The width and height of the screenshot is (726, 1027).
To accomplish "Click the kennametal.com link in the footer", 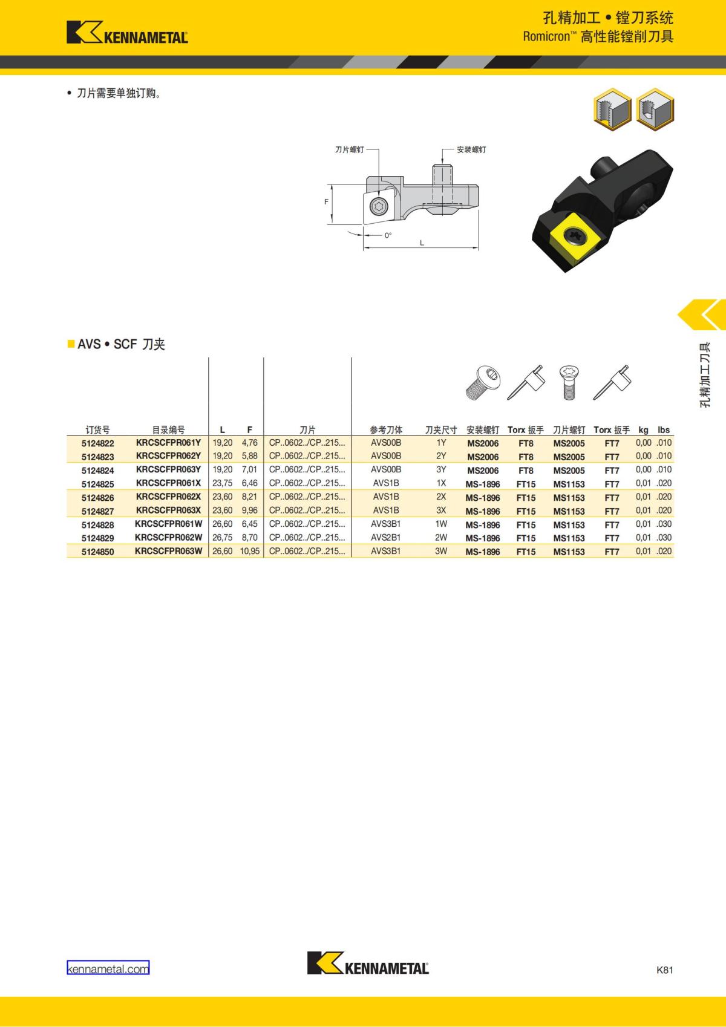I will point(108,969).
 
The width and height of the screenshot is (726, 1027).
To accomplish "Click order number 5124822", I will point(97,443).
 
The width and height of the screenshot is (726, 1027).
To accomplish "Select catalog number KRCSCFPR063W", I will point(168,552).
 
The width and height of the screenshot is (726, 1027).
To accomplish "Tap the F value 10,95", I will point(249,552).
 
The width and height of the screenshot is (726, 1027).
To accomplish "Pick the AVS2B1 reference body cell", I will point(385,538).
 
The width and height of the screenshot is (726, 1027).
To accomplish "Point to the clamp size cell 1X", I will point(441,484).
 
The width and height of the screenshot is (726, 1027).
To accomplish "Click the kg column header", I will point(643,430).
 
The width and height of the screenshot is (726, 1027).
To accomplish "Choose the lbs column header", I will point(664,430).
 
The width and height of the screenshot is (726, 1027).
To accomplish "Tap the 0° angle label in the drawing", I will point(388,235).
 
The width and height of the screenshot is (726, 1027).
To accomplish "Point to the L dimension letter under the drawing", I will point(422,243).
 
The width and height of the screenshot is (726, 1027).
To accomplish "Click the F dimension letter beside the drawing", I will point(326,202).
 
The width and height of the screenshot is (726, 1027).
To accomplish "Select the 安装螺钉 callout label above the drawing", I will point(471,149).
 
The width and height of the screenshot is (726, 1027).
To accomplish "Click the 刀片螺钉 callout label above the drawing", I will point(350,149).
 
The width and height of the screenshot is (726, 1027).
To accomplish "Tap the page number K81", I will point(664,970).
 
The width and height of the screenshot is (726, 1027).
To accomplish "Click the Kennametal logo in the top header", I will point(127,33).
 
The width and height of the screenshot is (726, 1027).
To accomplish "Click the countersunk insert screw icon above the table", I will point(568,382).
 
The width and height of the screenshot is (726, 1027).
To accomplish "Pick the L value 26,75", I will point(222,538).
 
